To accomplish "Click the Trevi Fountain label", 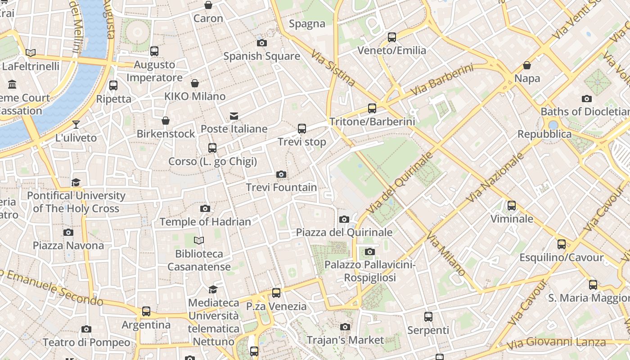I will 281,187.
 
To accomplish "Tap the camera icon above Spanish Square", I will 262,43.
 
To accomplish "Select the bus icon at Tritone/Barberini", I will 372,108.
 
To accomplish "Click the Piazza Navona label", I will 68,245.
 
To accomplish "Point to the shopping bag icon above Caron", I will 208,5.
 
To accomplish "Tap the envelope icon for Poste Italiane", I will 234,116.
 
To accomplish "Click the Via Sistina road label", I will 333,68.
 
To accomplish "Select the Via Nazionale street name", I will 495,177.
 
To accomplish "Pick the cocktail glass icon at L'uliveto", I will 76,125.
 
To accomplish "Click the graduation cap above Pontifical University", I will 76,182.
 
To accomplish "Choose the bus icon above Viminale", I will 512,206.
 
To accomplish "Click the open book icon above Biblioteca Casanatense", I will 199,241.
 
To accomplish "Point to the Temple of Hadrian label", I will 205,221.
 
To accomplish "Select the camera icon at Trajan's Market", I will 345,327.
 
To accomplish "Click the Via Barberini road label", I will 442,79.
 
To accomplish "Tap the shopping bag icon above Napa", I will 527,66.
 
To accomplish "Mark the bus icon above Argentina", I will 146,311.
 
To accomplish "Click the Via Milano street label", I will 445,254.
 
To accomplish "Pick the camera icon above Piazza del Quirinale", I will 344,220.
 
